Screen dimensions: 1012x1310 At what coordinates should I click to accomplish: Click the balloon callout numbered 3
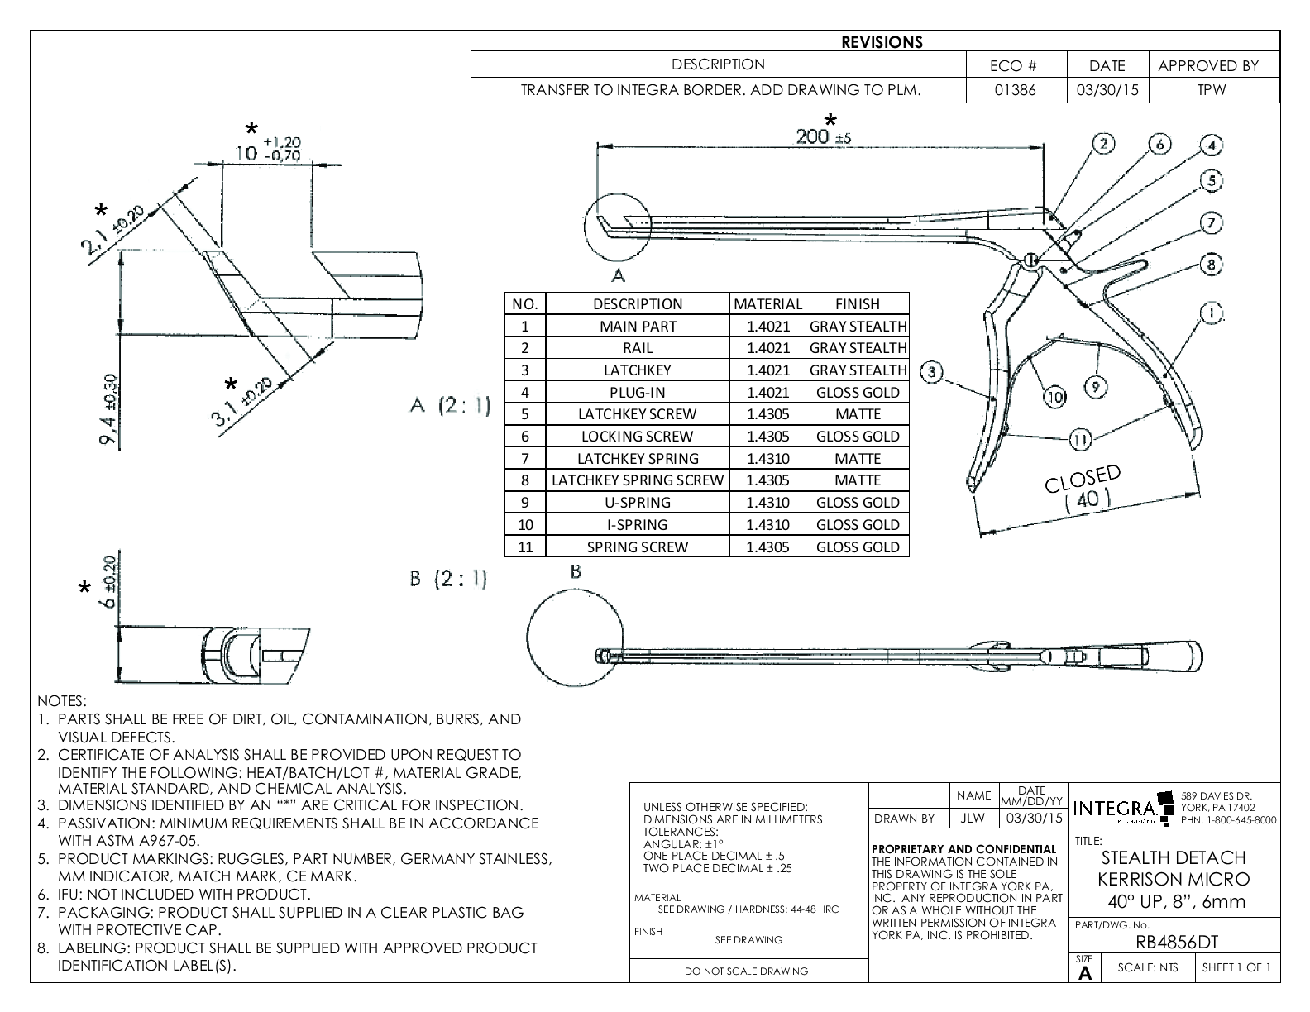[932, 371]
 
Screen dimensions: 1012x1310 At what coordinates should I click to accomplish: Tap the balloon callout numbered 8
[1211, 265]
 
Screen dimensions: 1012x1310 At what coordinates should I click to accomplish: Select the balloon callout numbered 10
[1054, 398]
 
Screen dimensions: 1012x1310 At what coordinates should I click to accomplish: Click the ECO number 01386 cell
[1016, 90]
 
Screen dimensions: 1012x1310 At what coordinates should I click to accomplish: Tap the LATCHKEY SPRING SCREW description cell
[638, 480]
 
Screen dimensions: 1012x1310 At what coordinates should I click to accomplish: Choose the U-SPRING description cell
[638, 503]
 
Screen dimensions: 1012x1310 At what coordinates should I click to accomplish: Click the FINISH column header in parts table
[857, 304]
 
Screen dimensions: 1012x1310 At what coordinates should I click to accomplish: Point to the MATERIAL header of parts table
[767, 304]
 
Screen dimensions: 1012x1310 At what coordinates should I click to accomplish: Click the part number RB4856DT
[1177, 943]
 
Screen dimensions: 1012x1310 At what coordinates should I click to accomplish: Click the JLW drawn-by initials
[973, 819]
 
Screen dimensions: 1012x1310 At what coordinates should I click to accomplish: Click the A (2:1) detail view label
[450, 407]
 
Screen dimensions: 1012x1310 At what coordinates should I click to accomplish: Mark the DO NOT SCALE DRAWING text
[747, 971]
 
